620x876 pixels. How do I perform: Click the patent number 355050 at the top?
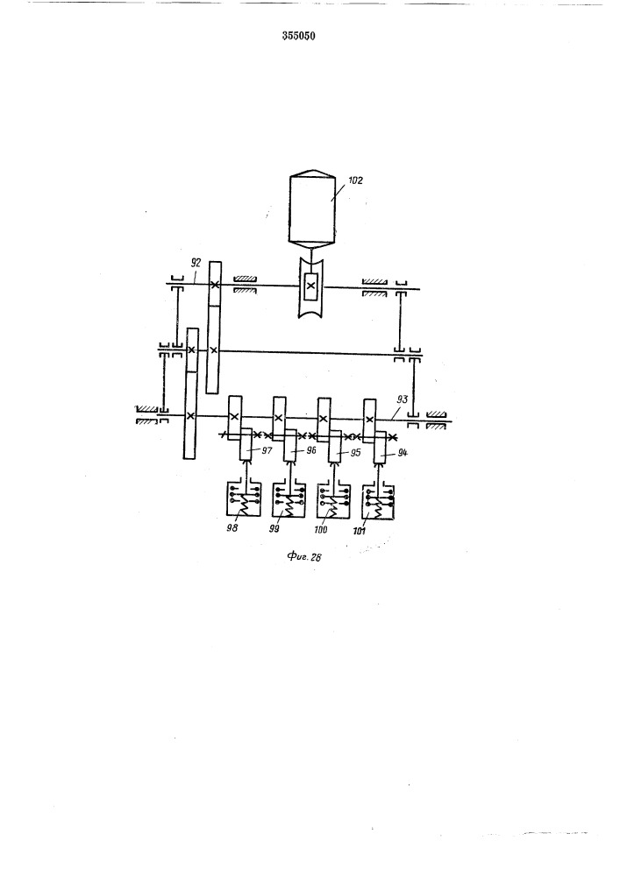click(x=298, y=36)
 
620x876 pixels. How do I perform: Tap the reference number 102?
click(x=355, y=180)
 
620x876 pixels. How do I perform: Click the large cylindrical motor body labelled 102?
click(x=312, y=209)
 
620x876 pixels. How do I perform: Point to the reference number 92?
click(x=195, y=263)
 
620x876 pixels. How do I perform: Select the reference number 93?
click(x=402, y=399)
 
